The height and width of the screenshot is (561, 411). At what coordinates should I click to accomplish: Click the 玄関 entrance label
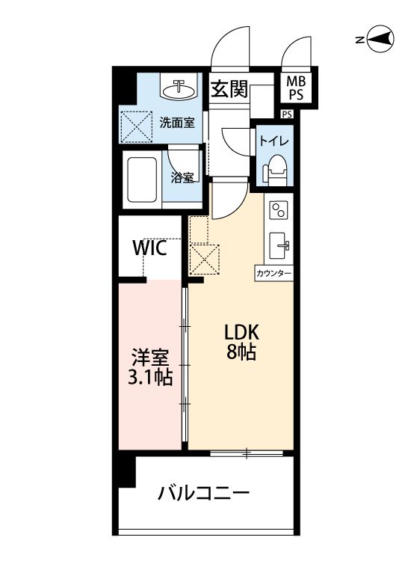pyautogui.click(x=229, y=89)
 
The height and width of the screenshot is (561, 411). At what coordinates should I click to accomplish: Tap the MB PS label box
pyautogui.click(x=296, y=88)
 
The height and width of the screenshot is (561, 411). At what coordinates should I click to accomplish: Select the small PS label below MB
pyautogui.click(x=287, y=114)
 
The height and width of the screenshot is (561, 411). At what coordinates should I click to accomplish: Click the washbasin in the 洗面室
pyautogui.click(x=179, y=90)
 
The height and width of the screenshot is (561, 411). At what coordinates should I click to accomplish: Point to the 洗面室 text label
pyautogui.click(x=177, y=123)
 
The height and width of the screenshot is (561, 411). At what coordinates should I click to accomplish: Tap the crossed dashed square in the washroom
pyautogui.click(x=136, y=126)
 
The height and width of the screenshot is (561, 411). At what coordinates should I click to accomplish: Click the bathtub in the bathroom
pyautogui.click(x=141, y=180)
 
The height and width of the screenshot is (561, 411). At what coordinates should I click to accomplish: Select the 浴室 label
pyautogui.click(x=182, y=178)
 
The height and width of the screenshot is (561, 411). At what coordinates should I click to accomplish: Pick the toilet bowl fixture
pyautogui.click(x=276, y=169)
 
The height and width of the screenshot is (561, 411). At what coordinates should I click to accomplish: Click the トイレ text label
pyautogui.click(x=274, y=141)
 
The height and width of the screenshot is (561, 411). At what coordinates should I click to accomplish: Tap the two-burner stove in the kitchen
pyautogui.click(x=279, y=210)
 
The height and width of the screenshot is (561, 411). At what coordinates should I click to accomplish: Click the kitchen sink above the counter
pyautogui.click(x=279, y=246)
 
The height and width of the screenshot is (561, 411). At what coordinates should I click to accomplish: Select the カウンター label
pyautogui.click(x=274, y=274)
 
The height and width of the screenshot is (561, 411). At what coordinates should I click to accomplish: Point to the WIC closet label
pyautogui.click(x=149, y=248)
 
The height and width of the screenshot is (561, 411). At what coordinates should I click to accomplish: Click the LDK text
pyautogui.click(x=241, y=332)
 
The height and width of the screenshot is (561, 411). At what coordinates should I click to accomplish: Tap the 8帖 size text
pyautogui.click(x=241, y=352)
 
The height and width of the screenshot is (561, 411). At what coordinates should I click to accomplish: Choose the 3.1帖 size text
pyautogui.click(x=150, y=377)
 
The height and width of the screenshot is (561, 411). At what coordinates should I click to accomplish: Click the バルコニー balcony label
pyautogui.click(x=204, y=494)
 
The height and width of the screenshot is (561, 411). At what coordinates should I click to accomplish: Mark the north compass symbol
pyautogui.click(x=380, y=40)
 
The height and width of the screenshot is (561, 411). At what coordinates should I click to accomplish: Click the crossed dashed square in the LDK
pyautogui.click(x=205, y=259)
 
